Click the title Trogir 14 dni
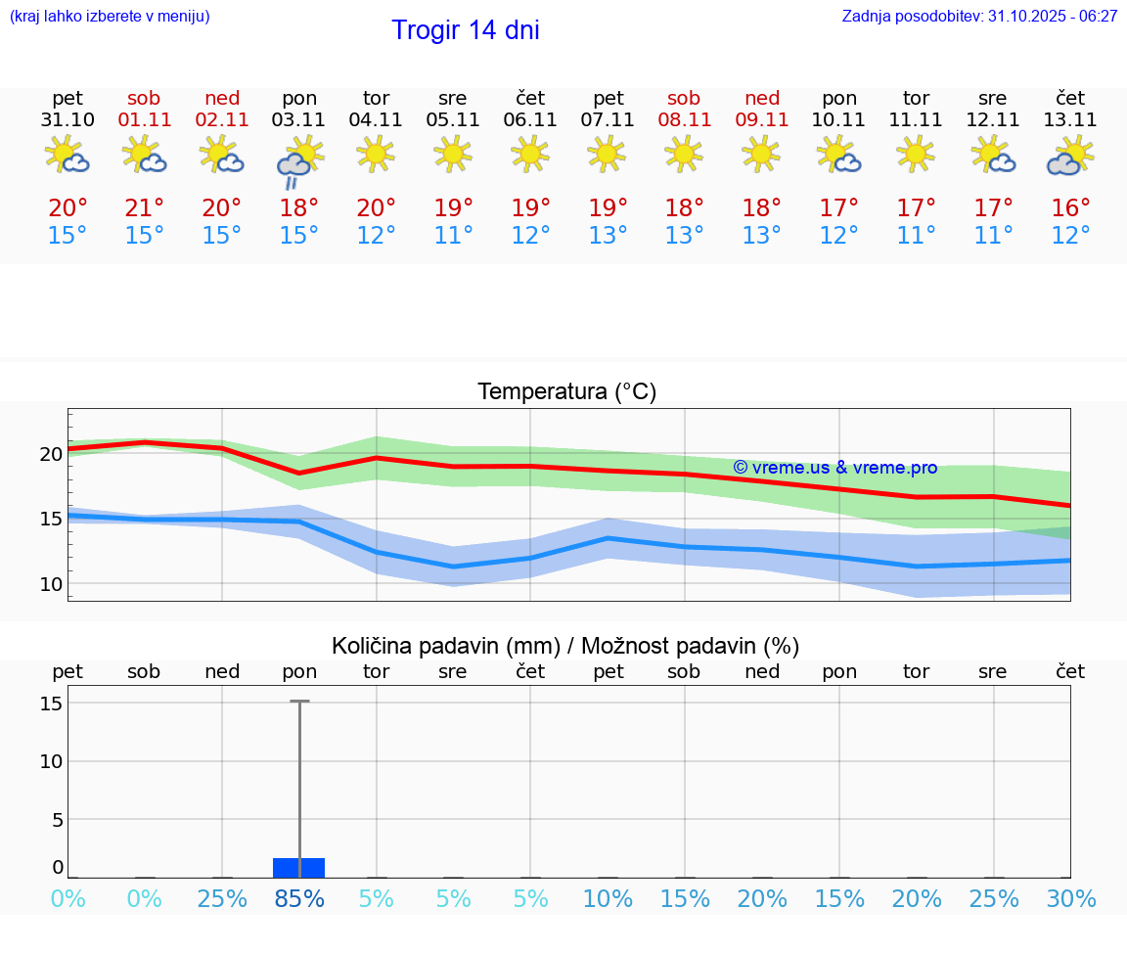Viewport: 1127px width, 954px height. click(465, 30)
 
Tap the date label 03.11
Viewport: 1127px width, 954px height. click(299, 120)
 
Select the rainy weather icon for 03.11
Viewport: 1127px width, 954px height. click(299, 161)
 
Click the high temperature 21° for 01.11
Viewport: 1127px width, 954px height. click(144, 208)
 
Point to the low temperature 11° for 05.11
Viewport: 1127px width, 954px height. click(453, 236)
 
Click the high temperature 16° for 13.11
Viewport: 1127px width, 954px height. click(1070, 208)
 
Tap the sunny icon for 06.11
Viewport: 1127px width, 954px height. click(530, 154)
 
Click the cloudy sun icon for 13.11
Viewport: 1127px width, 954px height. click(1069, 157)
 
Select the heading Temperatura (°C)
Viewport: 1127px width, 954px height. click(566, 392)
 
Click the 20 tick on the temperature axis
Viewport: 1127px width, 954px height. click(51, 454)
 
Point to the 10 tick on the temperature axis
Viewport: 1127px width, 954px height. click(51, 584)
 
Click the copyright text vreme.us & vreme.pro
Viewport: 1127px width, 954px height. click(834, 468)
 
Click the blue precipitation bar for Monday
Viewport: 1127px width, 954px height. click(299, 868)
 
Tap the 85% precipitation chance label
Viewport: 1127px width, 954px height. click(299, 899)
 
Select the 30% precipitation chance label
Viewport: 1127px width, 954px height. click(1070, 899)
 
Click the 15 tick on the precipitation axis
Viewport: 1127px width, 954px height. click(52, 704)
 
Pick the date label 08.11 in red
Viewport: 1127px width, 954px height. click(684, 120)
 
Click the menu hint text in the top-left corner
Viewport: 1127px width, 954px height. click(110, 17)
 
